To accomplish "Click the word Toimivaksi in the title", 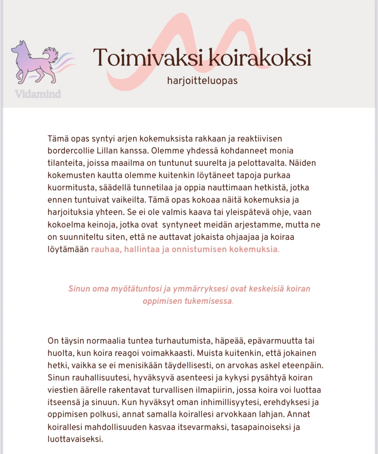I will click(148, 58).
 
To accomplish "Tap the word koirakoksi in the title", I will click(260, 58).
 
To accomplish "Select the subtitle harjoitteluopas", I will click(202, 81).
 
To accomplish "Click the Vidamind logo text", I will click(38, 94).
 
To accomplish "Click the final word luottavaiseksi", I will click(75, 439).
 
